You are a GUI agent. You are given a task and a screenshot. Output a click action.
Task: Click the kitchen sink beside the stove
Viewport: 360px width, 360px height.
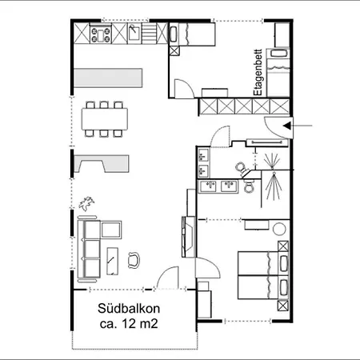pos(134,34)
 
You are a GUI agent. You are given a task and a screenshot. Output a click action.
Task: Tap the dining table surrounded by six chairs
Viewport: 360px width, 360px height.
pos(104,118)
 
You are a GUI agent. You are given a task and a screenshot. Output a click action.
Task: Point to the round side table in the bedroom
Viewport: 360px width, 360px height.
pos(280,229)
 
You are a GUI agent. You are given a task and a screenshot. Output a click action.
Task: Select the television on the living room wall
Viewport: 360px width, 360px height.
pos(189,237)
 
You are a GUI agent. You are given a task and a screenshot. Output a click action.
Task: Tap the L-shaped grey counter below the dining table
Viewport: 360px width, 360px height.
pos(102,162)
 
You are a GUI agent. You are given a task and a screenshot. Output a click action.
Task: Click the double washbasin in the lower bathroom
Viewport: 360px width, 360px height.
pos(219,186)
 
